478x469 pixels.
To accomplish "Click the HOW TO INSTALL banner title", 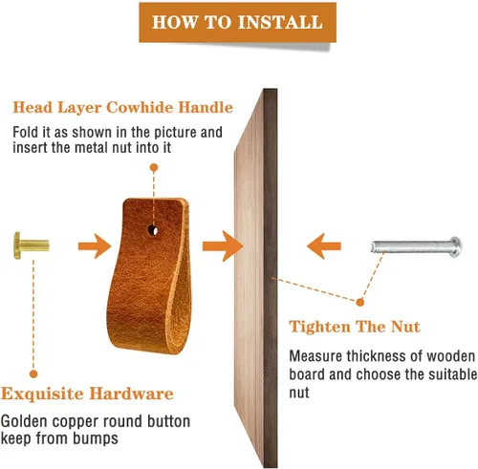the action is (237, 22).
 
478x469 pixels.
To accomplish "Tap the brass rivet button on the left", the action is (32, 245).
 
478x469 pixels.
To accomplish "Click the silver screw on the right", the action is (416, 246).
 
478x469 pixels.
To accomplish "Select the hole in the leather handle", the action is (153, 230).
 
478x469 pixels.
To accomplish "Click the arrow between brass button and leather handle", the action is (95, 246).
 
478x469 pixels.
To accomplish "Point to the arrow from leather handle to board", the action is (223, 246).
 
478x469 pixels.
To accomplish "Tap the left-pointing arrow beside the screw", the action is (324, 246).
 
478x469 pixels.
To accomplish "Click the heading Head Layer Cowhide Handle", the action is (122, 107).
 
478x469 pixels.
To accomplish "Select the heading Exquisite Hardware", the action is (87, 394).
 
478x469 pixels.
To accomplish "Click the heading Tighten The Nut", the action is (355, 327).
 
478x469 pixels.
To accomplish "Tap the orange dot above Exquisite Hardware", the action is (33, 373).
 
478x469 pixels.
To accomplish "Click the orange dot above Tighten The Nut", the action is (360, 302).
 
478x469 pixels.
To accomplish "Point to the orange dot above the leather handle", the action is (154, 167).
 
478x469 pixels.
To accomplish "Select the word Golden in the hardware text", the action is (24, 421).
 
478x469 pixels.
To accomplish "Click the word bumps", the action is (96, 438).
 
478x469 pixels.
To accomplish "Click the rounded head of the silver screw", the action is (456, 246).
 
